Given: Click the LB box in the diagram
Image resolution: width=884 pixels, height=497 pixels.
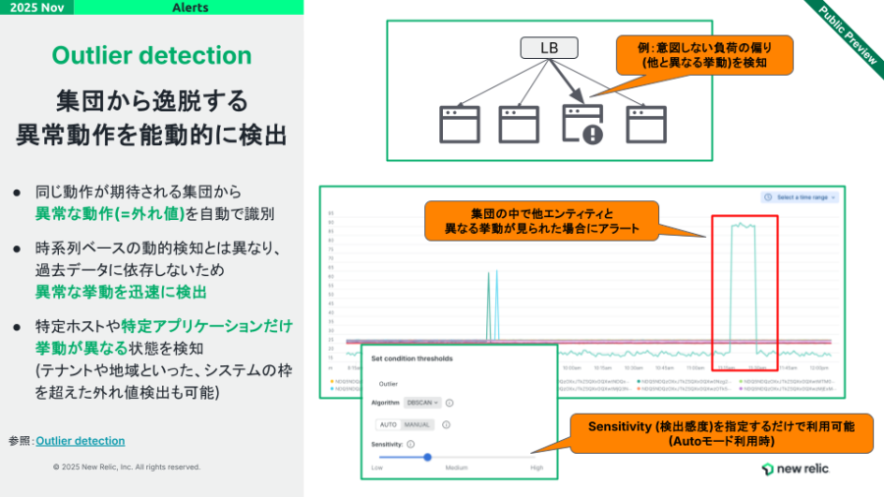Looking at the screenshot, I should pyautogui.click(x=548, y=47).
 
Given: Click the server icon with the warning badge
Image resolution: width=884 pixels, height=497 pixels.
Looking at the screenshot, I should pyautogui.click(x=580, y=124).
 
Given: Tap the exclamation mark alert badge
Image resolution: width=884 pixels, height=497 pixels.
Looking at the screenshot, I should pyautogui.click(x=592, y=135).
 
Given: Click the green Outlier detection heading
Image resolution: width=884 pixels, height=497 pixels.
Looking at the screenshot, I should pyautogui.click(x=151, y=54).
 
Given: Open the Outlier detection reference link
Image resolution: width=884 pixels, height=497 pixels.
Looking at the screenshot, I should pyautogui.click(x=80, y=441).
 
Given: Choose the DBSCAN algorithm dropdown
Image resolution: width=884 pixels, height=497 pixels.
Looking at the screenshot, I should pyautogui.click(x=423, y=403).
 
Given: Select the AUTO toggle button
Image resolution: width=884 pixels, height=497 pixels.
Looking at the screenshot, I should pyautogui.click(x=389, y=424).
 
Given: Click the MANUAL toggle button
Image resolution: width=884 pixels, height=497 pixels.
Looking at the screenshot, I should pyautogui.click(x=416, y=424).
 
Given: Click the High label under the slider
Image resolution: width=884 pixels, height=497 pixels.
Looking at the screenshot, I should pyautogui.click(x=536, y=468).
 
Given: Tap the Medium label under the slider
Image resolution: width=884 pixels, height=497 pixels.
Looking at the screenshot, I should pyautogui.click(x=456, y=468).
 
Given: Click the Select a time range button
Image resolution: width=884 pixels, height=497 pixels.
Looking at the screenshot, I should pyautogui.click(x=801, y=197).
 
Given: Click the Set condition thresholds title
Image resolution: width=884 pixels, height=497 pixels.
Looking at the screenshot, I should pyautogui.click(x=412, y=359).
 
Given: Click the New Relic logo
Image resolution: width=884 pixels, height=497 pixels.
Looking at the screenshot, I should pyautogui.click(x=795, y=469).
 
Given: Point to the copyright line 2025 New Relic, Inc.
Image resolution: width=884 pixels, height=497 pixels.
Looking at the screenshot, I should pyautogui.click(x=127, y=467).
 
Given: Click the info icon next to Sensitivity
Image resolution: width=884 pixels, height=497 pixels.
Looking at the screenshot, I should pyautogui.click(x=411, y=445).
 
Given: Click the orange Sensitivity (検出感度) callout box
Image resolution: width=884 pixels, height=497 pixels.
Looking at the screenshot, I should pyautogui.click(x=721, y=433).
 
